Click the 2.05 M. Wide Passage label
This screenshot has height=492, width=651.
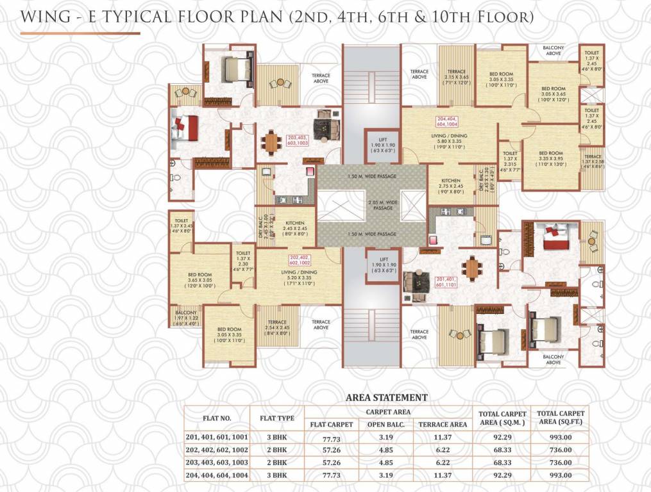pyautogui.click(x=372, y=205)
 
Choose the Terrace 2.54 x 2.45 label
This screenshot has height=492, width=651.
pyautogui.click(x=277, y=326)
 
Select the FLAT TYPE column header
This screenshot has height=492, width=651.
pyautogui.click(x=277, y=418)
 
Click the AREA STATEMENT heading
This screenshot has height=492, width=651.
pyautogui.click(x=386, y=397)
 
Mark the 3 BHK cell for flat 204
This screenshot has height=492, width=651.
pyautogui.click(x=277, y=475)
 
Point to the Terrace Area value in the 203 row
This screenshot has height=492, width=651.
pyautogui.click(x=442, y=463)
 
